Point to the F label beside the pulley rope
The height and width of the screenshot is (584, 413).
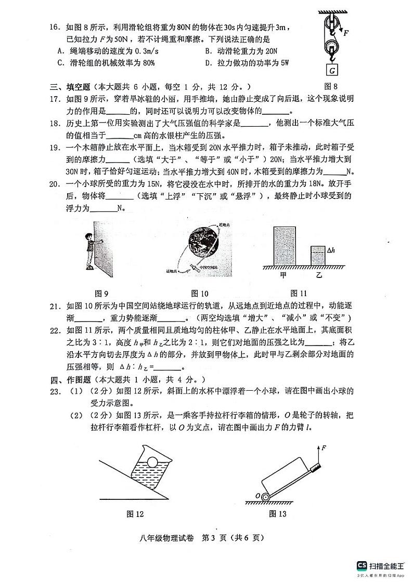pyautogui.click(x=346, y=33)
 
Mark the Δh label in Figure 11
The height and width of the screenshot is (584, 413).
pyautogui.click(x=330, y=250)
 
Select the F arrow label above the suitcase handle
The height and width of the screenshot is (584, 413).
pyautogui.click(x=324, y=447)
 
